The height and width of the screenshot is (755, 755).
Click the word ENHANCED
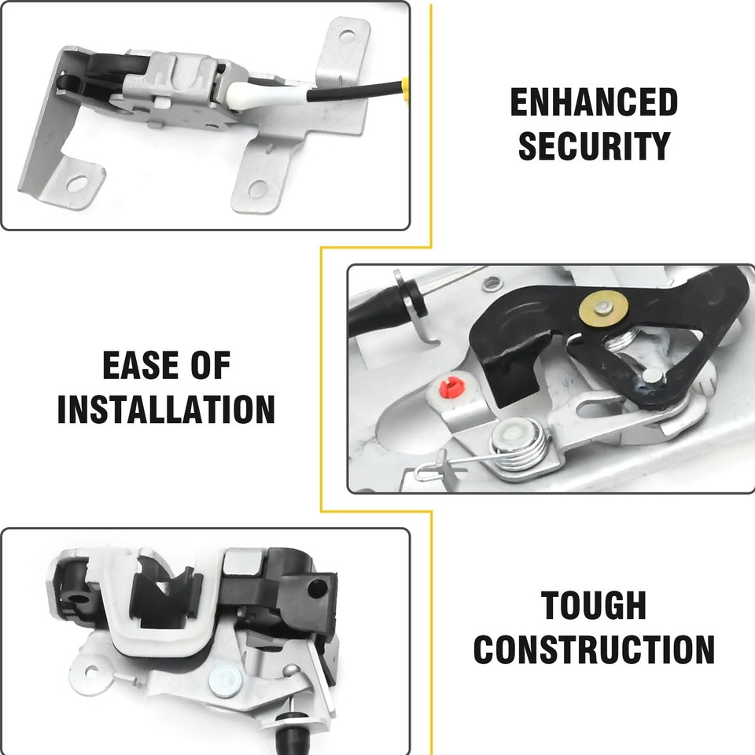click(594, 102)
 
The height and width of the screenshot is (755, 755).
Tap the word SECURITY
click(594, 145)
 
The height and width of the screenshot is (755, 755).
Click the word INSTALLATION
click(166, 409)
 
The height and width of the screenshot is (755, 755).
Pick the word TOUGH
click(594, 606)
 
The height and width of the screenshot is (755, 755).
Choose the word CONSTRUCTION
click(594, 650)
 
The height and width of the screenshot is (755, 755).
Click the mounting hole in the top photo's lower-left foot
click(77, 184)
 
